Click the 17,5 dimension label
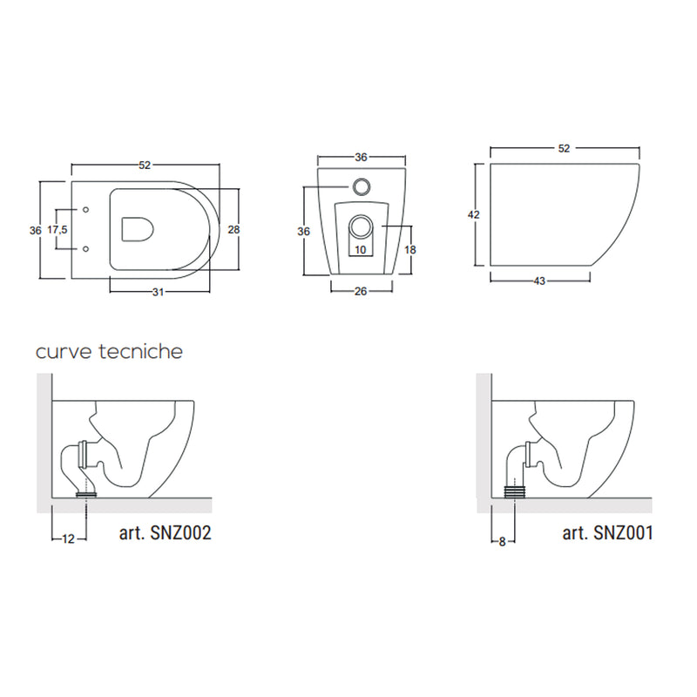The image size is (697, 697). click(x=58, y=230)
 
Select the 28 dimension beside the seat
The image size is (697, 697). click(x=233, y=229)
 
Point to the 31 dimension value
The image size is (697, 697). click(x=158, y=292)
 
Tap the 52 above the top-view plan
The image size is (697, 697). click(x=145, y=166)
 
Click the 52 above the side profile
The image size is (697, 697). click(x=564, y=148)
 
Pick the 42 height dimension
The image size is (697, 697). click(x=474, y=214)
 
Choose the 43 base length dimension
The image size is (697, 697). click(x=539, y=281)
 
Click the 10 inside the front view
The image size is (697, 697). click(x=361, y=250)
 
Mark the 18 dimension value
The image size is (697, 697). click(x=409, y=250)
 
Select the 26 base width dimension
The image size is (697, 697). click(x=361, y=291)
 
